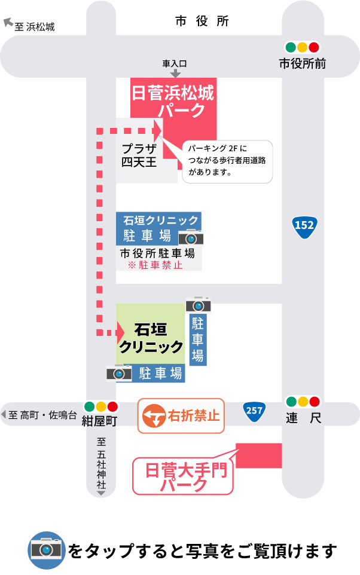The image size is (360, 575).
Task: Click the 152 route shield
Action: (304, 225)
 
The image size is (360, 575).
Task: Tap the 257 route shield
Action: (254, 410)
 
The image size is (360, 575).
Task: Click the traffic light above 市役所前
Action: (303, 47)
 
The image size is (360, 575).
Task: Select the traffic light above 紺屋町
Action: (101, 407)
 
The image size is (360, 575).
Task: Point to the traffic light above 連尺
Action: (303, 402)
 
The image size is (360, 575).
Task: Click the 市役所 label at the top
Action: (202, 22)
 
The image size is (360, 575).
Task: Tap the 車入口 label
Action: (175, 63)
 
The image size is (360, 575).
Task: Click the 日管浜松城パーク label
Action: (173, 101)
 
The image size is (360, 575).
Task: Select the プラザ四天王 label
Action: (139, 155)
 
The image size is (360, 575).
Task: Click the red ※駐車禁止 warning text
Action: (155, 265)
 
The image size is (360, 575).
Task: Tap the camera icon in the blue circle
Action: (47, 549)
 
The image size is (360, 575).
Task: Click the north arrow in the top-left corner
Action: (8, 22)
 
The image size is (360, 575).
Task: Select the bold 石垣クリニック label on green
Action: (151, 338)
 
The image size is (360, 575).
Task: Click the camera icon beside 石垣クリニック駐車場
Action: (191, 237)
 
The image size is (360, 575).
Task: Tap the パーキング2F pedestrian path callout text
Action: (227, 160)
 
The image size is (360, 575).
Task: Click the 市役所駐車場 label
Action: (158, 253)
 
